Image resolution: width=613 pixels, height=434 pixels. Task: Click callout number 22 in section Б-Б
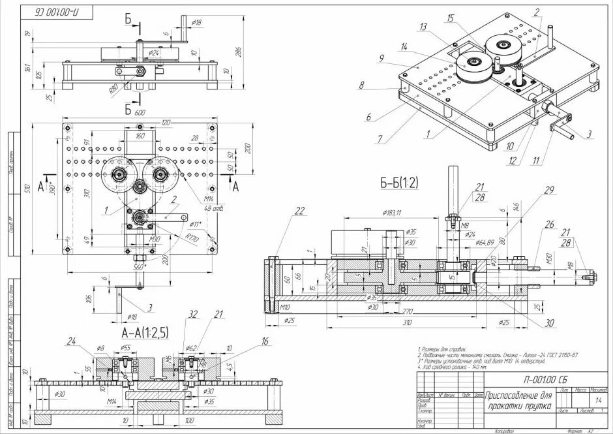[299, 210]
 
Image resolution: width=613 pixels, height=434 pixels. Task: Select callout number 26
[549, 225]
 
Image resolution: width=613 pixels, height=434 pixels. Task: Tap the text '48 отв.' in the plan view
[213, 208]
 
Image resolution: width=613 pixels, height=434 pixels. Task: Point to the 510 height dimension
[27, 189]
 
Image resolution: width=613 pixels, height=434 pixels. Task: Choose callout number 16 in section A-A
[265, 341]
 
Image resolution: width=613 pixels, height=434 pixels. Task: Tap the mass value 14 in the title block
[597, 399]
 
